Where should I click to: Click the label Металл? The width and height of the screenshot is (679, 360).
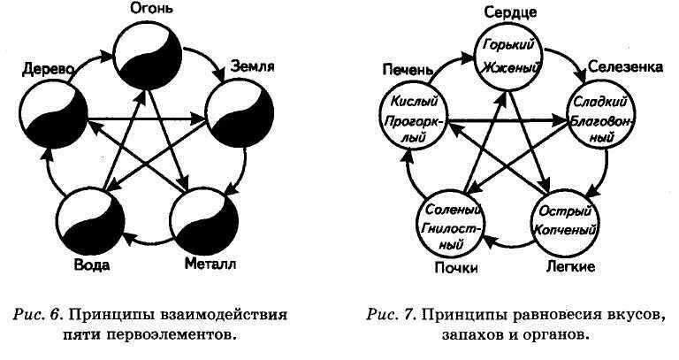pos(210,263)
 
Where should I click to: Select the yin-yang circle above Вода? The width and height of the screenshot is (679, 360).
pos(89,218)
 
